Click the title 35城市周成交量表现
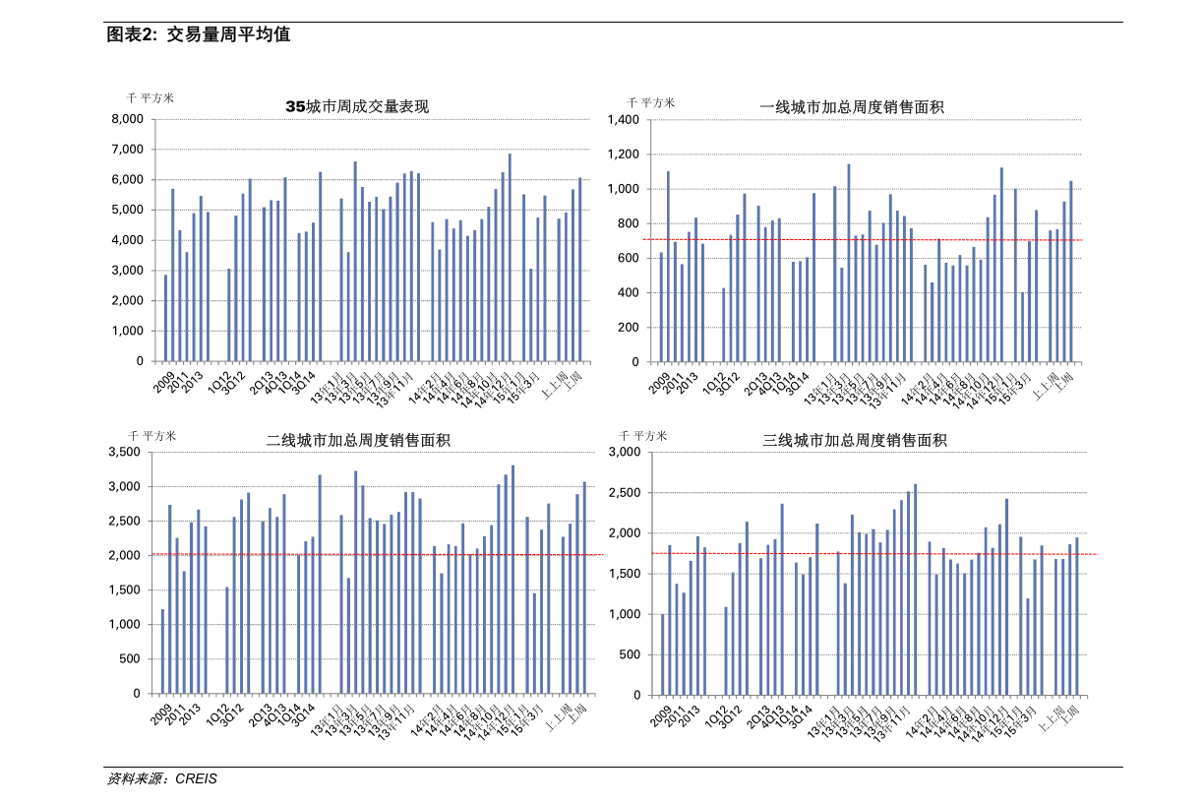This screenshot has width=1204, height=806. click(356, 106)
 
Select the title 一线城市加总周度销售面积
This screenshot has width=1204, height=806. click(851, 107)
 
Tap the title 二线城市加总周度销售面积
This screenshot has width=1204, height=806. click(357, 440)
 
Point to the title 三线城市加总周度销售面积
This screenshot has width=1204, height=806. click(854, 440)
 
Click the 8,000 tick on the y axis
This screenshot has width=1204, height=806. click(127, 119)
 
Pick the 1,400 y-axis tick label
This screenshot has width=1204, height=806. click(624, 119)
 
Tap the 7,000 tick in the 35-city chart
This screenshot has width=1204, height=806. click(127, 150)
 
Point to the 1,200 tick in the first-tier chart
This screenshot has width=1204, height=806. click(624, 155)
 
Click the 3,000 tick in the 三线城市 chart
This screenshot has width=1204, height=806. click(625, 453)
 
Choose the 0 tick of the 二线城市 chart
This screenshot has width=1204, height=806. click(139, 694)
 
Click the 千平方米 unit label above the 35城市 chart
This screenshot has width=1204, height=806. click(150, 97)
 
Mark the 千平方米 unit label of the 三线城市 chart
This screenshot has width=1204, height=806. click(643, 435)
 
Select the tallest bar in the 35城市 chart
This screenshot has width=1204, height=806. click(510, 258)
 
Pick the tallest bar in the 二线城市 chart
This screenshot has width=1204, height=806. click(512, 580)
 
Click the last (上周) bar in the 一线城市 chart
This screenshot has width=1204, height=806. click(1071, 272)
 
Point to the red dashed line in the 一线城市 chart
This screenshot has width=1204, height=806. click(787, 239)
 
